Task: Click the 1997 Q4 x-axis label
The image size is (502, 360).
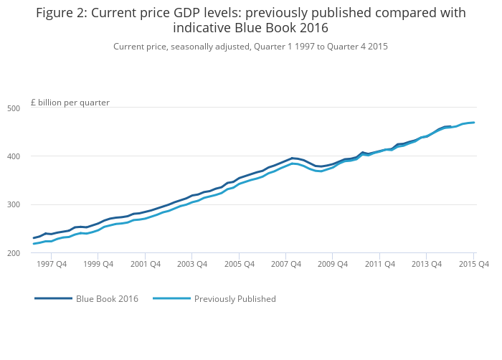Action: [52, 265]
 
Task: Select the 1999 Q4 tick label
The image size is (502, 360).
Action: [98, 265]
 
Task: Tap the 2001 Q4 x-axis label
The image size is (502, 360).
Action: [146, 265]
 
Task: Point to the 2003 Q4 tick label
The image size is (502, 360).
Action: [192, 265]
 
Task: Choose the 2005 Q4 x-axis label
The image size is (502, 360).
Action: [240, 265]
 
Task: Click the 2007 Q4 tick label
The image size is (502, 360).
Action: [286, 265]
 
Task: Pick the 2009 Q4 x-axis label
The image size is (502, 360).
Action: [333, 265]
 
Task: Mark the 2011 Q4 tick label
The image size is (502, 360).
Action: [380, 265]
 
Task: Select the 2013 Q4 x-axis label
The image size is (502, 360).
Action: [427, 265]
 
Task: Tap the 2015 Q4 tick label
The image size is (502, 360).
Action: [474, 265]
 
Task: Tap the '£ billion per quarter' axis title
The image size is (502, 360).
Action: [70, 103]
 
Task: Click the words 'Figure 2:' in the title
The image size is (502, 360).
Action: [62, 13]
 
